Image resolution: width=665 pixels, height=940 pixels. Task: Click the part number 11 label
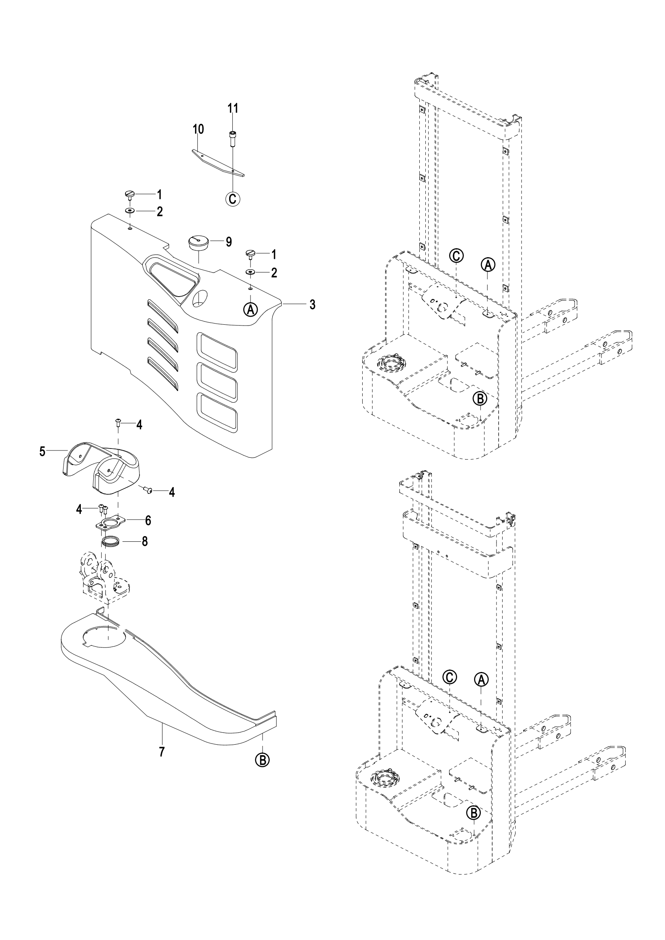point(232,109)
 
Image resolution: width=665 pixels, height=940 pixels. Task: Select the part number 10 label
point(198,129)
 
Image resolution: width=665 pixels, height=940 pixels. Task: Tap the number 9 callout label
point(228,242)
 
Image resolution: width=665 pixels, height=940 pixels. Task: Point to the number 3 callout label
point(312,304)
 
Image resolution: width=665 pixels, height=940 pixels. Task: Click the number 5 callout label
point(43,452)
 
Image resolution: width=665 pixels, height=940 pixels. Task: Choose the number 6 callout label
point(148,520)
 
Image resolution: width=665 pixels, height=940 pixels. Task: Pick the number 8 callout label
point(145,542)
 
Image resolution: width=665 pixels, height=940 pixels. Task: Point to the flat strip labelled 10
point(219,162)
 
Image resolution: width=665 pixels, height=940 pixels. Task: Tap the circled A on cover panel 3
point(250,309)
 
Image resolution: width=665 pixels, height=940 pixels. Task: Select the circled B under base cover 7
point(262,760)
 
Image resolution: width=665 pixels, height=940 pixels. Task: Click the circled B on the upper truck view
point(480,398)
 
